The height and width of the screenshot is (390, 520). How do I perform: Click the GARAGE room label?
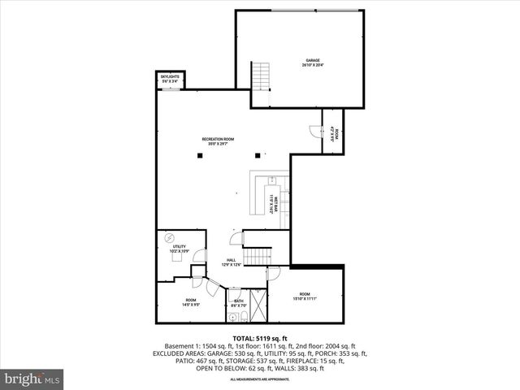point(313,63)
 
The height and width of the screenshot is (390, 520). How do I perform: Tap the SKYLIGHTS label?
point(170,79)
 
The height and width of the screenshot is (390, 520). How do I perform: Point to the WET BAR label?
point(274,201)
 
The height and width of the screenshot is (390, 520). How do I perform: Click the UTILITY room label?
point(179,249)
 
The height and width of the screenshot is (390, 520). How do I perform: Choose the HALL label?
point(231,262)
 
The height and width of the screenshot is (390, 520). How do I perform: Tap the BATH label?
point(239,303)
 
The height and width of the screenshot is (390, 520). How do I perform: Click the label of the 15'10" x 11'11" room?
point(305,296)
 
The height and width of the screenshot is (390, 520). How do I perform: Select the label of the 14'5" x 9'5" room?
point(191,302)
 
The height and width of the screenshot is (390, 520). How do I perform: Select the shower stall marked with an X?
point(258,307)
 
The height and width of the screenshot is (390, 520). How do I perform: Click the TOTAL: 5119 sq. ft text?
point(260,338)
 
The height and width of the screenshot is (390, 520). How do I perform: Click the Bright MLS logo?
point(32,379)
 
